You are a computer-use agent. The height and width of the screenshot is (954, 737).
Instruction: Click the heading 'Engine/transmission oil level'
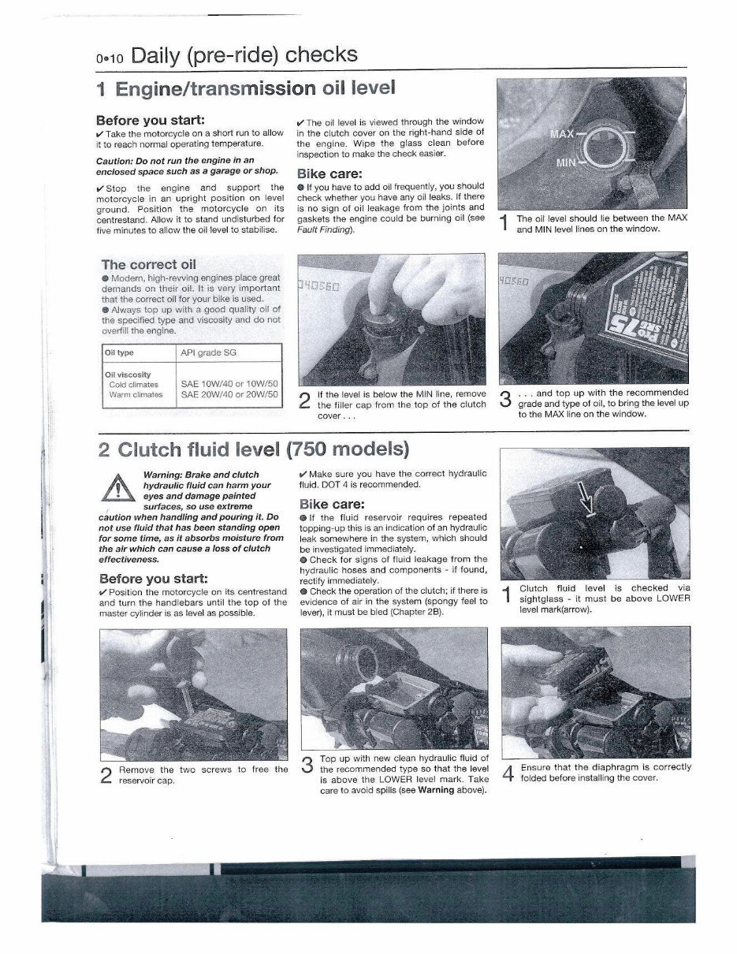244,88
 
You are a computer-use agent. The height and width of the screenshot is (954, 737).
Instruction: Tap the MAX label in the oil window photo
562,134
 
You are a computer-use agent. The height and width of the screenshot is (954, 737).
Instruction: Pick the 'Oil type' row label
119,353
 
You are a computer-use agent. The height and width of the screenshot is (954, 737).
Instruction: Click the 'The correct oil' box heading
149,264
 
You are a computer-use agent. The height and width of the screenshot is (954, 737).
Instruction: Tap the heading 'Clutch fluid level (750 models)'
254,450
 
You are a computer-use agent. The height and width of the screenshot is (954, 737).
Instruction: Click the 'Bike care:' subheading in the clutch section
331,504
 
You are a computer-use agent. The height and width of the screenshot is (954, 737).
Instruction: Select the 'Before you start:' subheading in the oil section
151,121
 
